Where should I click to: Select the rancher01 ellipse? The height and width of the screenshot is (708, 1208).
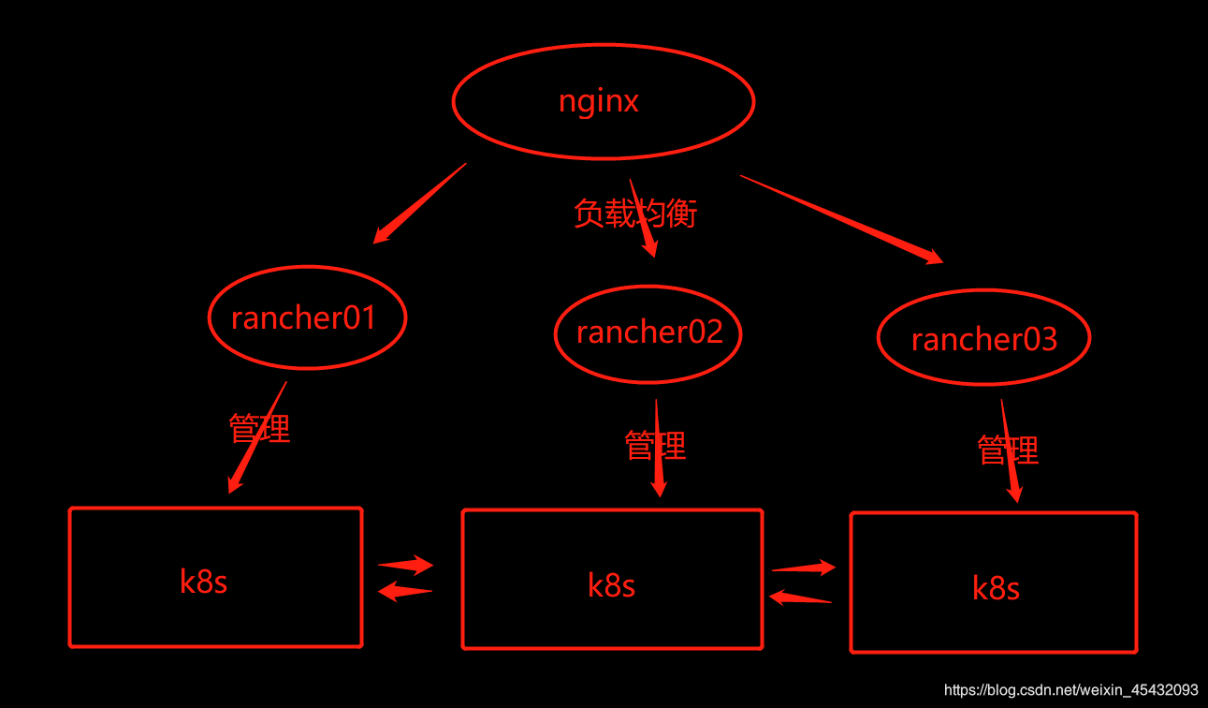coord(306,318)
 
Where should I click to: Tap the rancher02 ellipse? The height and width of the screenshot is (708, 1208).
coord(648,332)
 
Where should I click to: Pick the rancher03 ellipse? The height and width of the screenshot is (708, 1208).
coord(983,338)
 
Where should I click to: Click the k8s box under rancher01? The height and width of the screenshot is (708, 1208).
coord(215,578)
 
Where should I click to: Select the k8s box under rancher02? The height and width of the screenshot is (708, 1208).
coord(612,580)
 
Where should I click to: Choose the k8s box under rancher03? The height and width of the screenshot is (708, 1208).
coord(994,583)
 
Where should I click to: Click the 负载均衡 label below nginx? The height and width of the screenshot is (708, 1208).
coord(635,214)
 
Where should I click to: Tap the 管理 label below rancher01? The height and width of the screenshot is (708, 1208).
coord(259,428)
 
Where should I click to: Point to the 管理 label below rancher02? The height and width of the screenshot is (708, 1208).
coord(655,445)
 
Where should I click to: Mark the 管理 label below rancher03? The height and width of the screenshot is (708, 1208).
coord(1008,450)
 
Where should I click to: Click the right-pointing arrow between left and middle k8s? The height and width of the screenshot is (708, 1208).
coord(406,565)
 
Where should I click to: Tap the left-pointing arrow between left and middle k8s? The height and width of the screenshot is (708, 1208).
coord(404,591)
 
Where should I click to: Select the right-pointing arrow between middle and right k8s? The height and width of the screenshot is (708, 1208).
coord(804,568)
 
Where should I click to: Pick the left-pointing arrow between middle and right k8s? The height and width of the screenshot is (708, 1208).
coord(799,597)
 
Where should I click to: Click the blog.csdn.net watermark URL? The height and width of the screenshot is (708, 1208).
coord(1070,690)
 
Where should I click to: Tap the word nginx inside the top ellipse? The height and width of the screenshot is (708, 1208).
coord(599,100)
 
